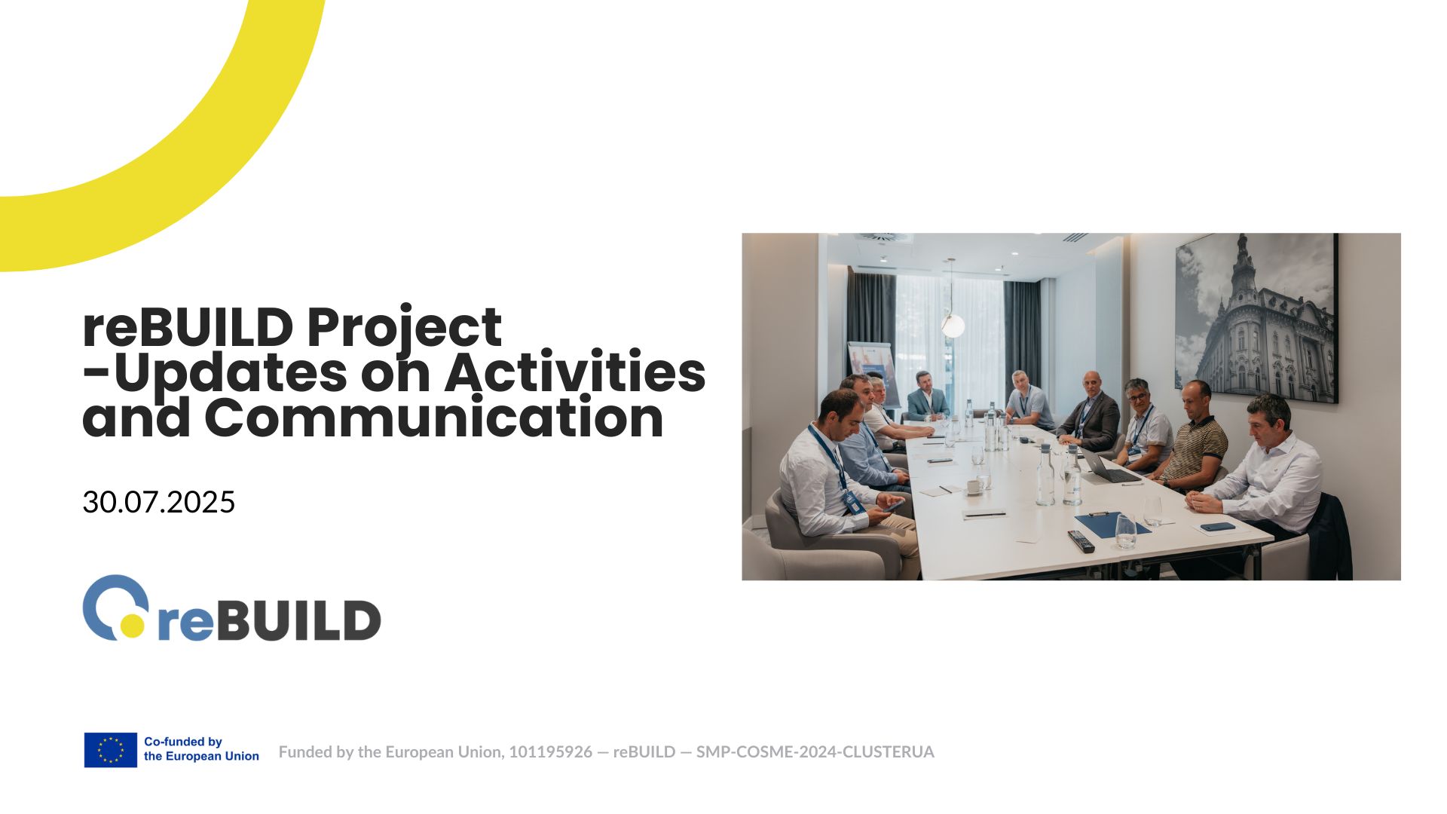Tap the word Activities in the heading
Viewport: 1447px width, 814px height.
[x=575, y=372]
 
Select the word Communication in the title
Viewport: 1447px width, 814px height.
[x=434, y=417]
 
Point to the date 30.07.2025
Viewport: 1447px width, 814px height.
[x=159, y=502]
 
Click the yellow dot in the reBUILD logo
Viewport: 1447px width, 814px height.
[x=133, y=625]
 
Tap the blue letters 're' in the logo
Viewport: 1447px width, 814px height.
[x=181, y=622]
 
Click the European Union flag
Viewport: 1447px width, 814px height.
[x=110, y=750]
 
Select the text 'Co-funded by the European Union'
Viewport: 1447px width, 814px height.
[x=201, y=749]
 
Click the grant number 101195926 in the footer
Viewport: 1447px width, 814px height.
[x=550, y=751]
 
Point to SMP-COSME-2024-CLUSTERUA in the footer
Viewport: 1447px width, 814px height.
[x=815, y=751]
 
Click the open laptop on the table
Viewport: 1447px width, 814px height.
[x=1108, y=467]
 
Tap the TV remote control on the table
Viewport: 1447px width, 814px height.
[x=1081, y=541]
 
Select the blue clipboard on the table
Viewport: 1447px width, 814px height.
[x=1112, y=523]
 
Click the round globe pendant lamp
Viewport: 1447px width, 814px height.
[x=953, y=326]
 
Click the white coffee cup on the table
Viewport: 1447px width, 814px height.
[x=974, y=487]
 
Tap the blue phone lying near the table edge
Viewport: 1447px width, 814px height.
[x=1217, y=527]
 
